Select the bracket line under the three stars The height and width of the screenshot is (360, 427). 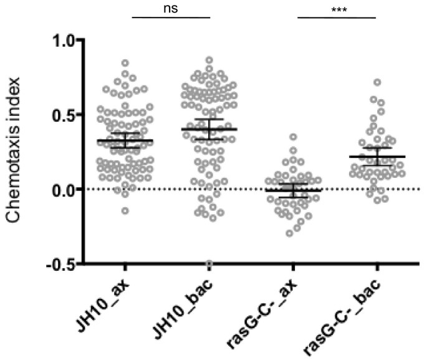[x=337, y=17]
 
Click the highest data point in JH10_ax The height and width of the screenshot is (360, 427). [x=125, y=63]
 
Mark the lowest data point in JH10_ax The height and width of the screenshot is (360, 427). [x=125, y=211]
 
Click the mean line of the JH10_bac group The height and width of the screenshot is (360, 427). [x=209, y=129]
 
